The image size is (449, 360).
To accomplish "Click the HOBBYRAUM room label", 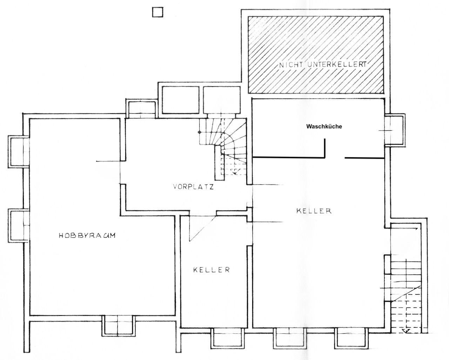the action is (x=87, y=236).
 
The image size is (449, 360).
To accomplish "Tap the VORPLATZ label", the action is (x=193, y=187).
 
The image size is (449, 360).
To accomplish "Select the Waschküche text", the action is (x=324, y=127).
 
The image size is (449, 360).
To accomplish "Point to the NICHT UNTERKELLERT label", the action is (x=322, y=64).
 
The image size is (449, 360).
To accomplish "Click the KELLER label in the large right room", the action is (x=314, y=211).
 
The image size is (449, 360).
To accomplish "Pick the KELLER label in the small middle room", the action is (x=212, y=270).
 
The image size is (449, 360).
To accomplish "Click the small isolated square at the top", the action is (x=158, y=12).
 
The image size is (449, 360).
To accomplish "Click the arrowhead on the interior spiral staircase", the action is (x=235, y=172).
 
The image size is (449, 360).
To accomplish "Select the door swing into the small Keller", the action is (x=203, y=229).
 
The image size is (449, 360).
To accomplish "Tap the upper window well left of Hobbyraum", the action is (x=18, y=151).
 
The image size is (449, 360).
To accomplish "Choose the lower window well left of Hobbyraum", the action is (x=18, y=226).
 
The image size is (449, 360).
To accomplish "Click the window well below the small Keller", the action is (x=227, y=341).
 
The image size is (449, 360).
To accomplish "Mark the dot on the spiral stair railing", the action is (x=200, y=132).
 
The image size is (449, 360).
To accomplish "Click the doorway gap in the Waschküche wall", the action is (x=335, y=158).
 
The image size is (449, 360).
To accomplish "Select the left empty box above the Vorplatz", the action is (x=180, y=100).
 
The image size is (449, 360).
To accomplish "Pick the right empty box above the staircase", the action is (x=222, y=100).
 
